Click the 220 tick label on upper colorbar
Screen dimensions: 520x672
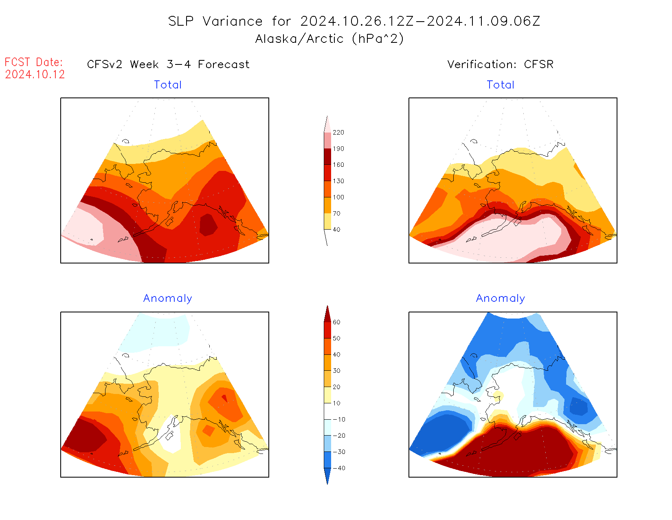338,133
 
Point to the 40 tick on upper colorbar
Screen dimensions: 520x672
336,230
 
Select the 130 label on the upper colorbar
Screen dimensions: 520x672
338,181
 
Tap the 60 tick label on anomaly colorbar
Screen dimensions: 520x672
336,322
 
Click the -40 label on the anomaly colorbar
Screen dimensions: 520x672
339,468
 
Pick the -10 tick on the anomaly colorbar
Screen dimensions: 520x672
339,419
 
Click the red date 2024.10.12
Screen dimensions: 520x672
35,75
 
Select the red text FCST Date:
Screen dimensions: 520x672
34,62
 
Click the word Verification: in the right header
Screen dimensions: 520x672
482,64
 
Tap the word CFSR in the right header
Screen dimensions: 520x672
539,64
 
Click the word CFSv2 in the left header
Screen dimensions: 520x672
105,64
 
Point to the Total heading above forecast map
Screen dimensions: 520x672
168,85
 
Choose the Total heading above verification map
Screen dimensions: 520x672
501,85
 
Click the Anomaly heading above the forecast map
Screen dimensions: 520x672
168,299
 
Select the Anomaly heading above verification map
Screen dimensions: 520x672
501,299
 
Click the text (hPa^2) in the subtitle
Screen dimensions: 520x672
378,39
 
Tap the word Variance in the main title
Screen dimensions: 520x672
233,21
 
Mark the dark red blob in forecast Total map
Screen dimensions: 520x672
208,225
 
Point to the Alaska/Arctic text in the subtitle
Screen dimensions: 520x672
299,39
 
